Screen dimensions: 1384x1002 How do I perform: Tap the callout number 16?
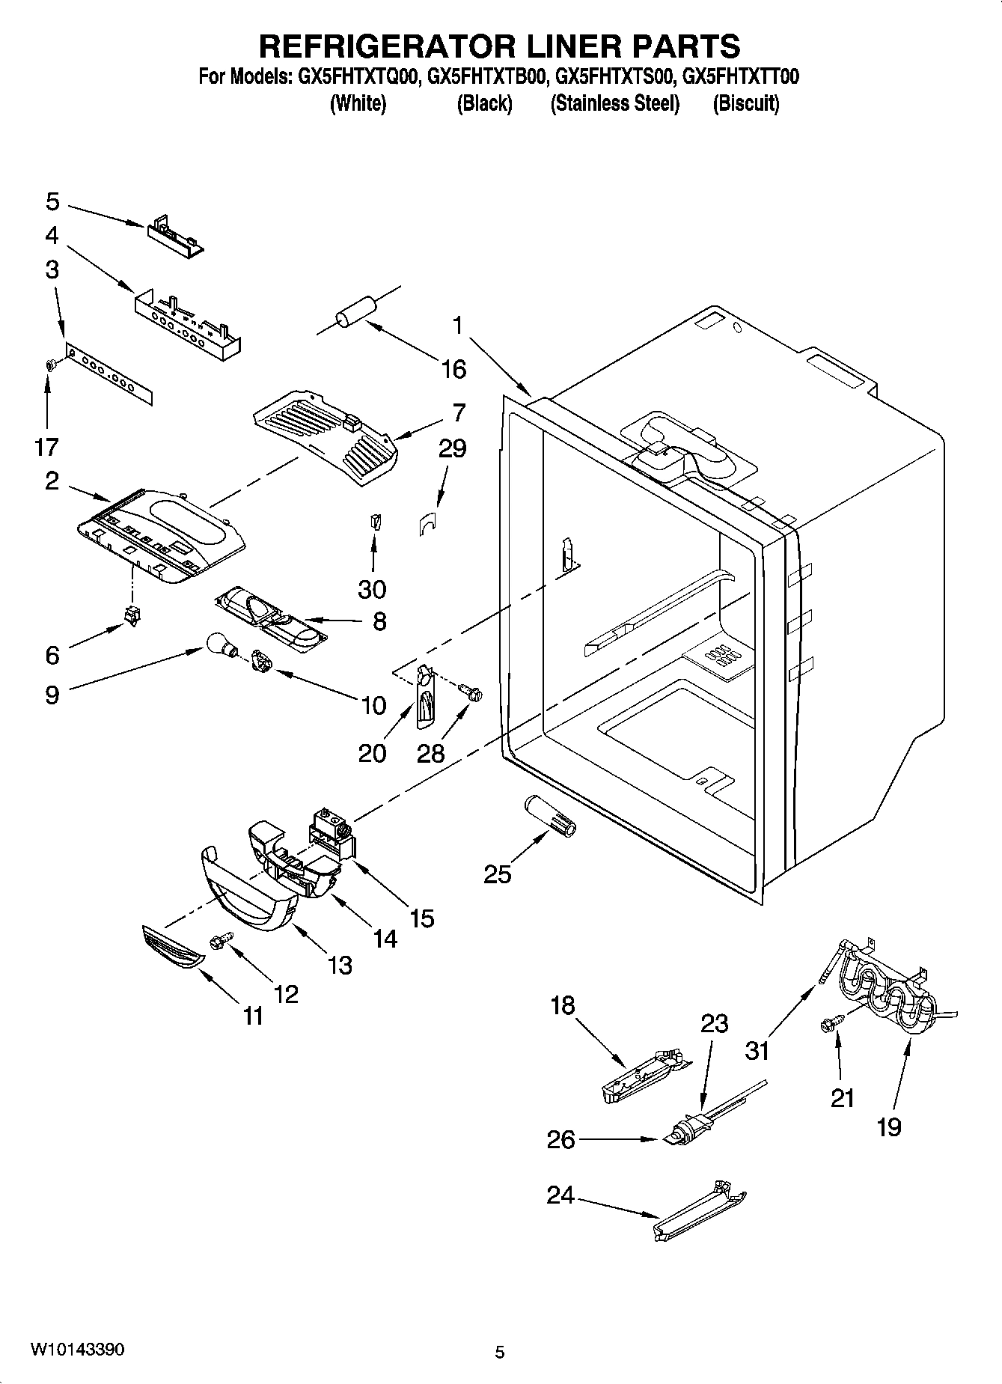pos(453,369)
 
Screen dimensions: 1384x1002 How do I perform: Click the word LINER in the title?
pos(573,46)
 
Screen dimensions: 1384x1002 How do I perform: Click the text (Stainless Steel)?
pos(614,103)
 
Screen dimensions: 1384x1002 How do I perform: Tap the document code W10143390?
pos(77,1350)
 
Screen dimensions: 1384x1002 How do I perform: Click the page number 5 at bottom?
pos(500,1352)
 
